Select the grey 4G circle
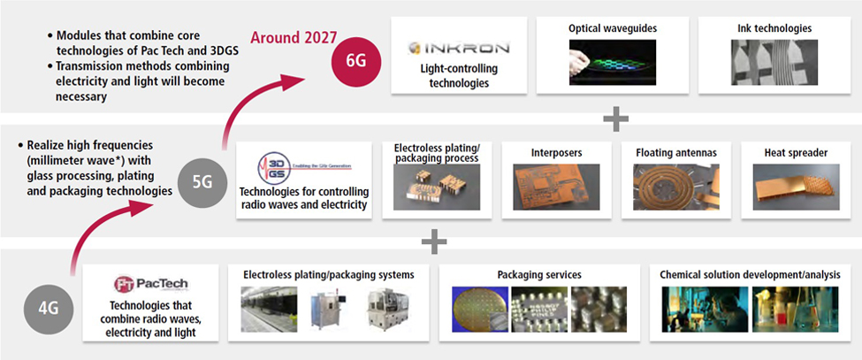[49, 309]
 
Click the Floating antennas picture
[675, 187]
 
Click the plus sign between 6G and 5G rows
[615, 118]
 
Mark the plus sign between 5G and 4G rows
[433, 241]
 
